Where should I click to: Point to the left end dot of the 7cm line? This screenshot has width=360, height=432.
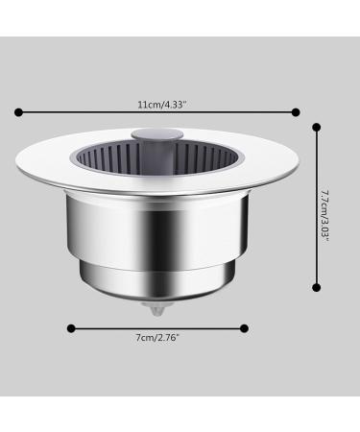coord(70,327)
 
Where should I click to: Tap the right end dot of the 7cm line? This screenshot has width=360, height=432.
coord(244,327)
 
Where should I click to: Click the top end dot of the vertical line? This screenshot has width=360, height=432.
coord(317,124)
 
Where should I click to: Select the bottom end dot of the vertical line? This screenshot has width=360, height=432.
coord(317,285)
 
